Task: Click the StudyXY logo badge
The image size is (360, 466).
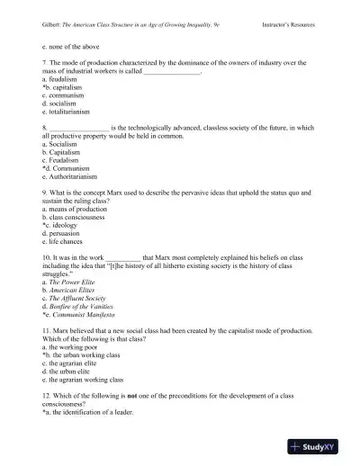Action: (320, 446)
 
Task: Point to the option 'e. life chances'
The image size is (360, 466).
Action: (65, 241)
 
